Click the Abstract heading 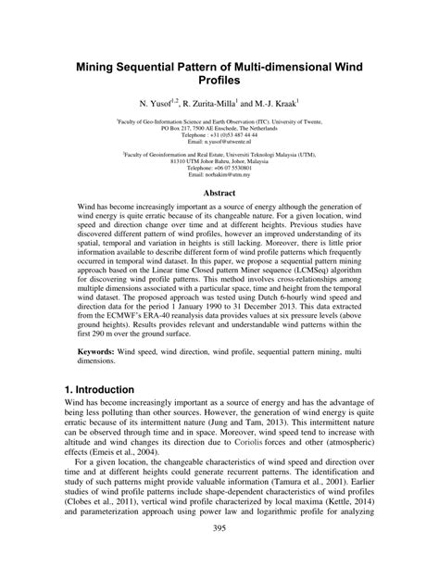pyautogui.click(x=219, y=219)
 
